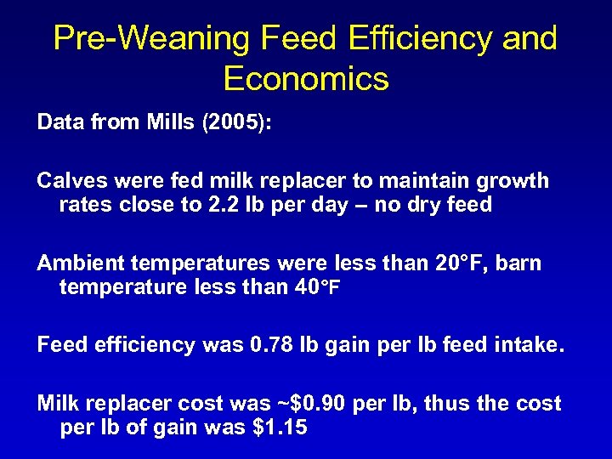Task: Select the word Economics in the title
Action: coord(306,79)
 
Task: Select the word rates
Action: coord(82,206)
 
